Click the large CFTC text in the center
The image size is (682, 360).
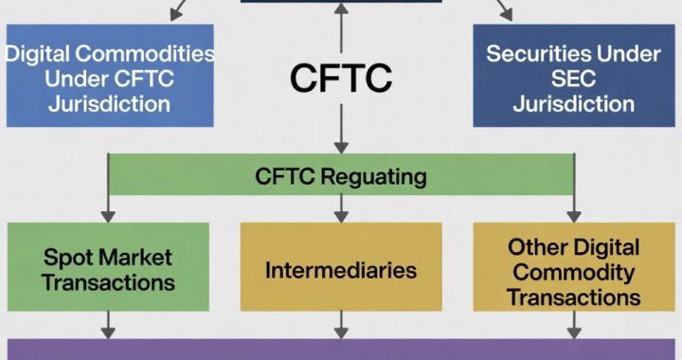point(340,79)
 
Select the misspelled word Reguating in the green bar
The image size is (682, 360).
point(379,176)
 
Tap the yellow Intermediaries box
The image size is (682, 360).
point(340,270)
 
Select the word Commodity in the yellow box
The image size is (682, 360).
point(571,272)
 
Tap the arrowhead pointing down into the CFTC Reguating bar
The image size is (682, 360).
point(340,147)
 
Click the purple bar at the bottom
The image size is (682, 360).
point(340,349)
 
